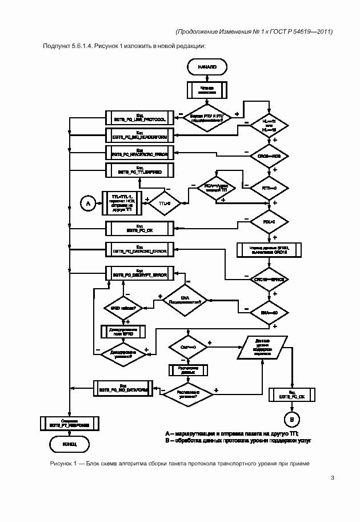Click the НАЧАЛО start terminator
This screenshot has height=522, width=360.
click(207, 67)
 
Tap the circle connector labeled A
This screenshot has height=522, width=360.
click(88, 203)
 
